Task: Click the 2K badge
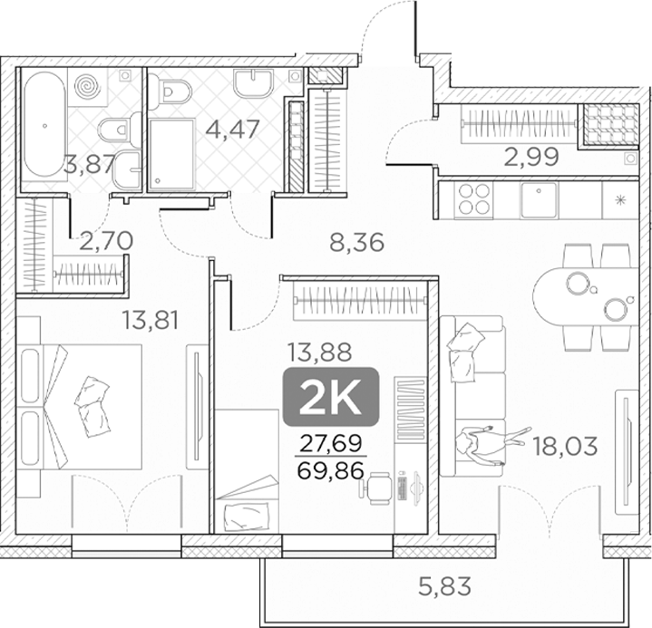(331, 397)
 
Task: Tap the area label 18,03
(565, 447)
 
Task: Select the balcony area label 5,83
(444, 587)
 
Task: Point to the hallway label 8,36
(356, 242)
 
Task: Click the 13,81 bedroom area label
(151, 320)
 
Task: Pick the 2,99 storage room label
(531, 157)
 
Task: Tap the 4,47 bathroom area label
(233, 129)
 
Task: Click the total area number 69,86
(331, 470)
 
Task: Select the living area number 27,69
(331, 444)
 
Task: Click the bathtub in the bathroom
(44, 125)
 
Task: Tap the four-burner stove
(473, 198)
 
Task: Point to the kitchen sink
(539, 200)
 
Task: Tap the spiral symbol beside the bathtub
(88, 86)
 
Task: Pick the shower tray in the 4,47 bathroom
(171, 155)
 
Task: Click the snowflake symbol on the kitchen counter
(621, 201)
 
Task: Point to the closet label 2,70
(106, 241)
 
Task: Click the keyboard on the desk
(402, 488)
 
